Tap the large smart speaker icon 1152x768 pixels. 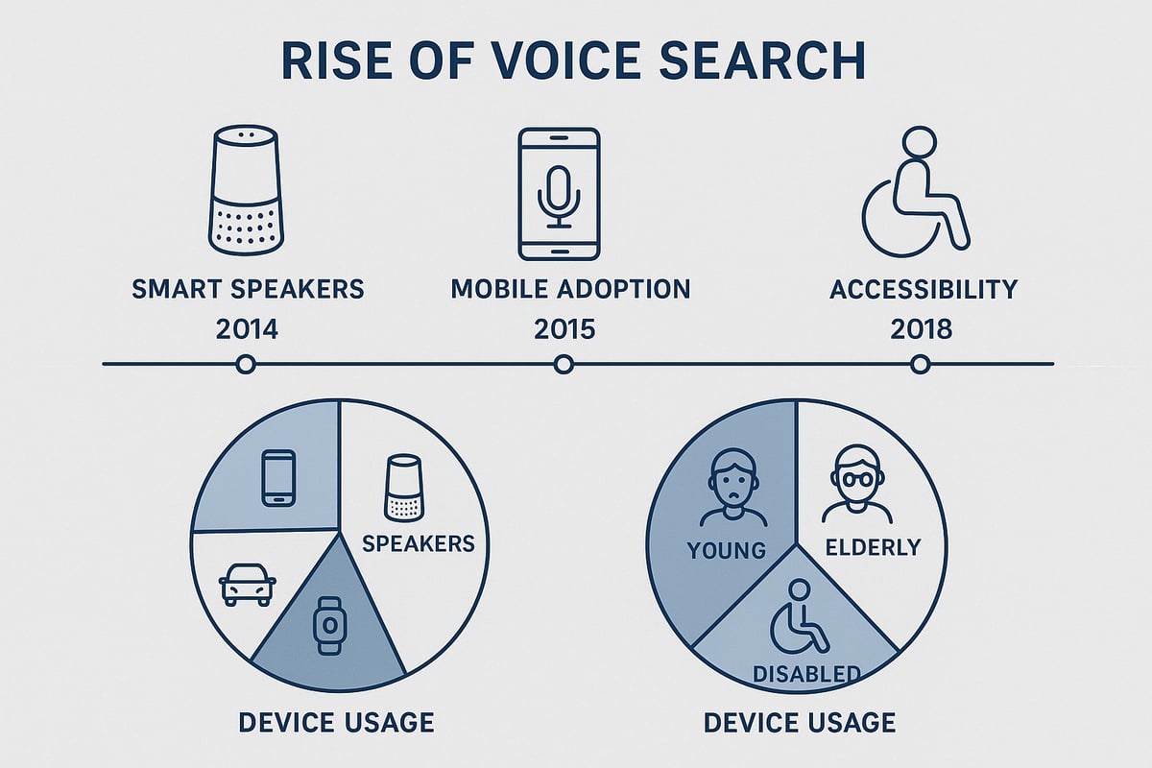click(246, 192)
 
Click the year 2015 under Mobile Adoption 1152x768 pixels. click(563, 329)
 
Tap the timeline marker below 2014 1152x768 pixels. click(246, 364)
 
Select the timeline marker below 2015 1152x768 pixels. click(564, 364)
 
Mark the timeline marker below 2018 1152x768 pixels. click(920, 364)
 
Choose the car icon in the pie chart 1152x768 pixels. click(248, 584)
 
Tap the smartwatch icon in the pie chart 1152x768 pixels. click(329, 626)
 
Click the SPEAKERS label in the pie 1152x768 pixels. click(419, 543)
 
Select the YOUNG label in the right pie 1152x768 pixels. click(726, 550)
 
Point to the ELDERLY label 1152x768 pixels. click(873, 547)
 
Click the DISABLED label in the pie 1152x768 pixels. click(805, 674)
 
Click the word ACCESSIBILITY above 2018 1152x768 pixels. click(924, 289)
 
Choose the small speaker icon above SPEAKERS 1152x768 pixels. click(403, 489)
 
